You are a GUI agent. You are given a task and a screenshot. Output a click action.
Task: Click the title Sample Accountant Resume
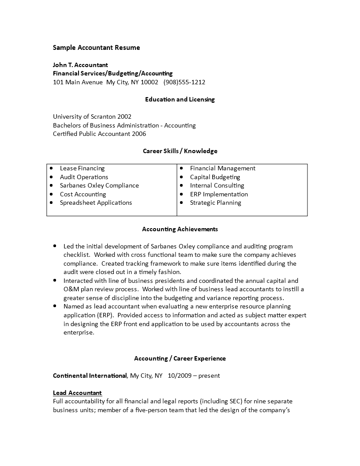point(96,48)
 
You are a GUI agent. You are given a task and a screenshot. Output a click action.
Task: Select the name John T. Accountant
point(80,65)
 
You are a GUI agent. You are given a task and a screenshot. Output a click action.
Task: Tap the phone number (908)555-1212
point(184,82)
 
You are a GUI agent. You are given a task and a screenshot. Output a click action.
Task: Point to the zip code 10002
point(149,82)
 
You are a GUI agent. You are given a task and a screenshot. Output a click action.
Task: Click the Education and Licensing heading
point(180,99)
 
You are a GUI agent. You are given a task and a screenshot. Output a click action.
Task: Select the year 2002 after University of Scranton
point(124,116)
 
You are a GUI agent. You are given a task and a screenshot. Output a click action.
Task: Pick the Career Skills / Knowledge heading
point(180,151)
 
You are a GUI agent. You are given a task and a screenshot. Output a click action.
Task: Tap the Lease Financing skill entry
point(82,168)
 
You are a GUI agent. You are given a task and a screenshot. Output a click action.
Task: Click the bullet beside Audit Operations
point(52,177)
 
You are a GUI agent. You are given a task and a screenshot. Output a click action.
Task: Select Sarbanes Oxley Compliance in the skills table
point(99,185)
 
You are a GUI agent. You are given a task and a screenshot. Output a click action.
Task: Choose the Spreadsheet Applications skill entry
point(96,203)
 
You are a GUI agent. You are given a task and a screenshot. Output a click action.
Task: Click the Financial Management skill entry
point(222,168)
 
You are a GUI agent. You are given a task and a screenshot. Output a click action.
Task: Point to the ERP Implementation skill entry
point(219,194)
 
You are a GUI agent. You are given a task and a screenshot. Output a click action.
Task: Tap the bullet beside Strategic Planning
point(182,203)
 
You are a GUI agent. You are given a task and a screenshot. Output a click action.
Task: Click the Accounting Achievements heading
point(180,229)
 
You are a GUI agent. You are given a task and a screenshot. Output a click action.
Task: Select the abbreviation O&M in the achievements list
point(71,289)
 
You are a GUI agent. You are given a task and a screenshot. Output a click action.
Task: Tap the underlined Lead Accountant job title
point(77,393)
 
